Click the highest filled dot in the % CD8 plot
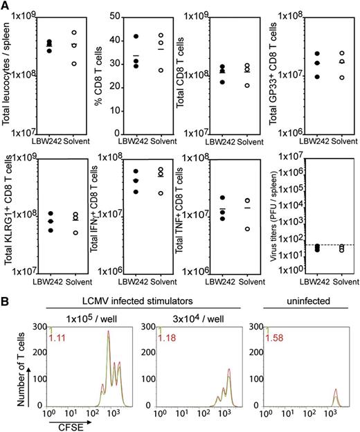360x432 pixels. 136,36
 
